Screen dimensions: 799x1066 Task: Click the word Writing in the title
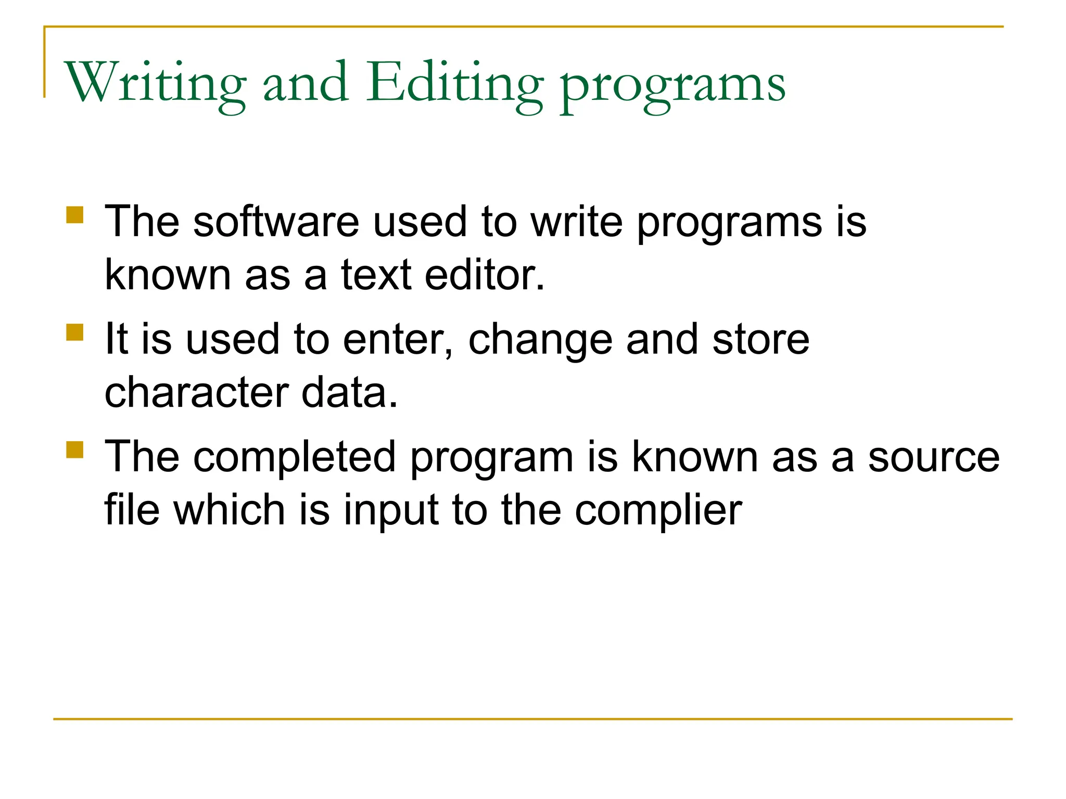155,83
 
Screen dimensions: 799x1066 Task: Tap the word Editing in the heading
455,83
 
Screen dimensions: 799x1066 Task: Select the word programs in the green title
672,86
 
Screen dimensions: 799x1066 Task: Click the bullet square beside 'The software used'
75,215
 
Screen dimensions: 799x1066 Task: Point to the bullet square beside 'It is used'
75,332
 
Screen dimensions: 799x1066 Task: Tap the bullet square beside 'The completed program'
75,449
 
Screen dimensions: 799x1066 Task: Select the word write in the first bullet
576,222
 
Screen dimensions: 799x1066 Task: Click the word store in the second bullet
760,339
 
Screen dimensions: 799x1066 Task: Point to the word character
196,392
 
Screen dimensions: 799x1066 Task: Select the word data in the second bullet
349,392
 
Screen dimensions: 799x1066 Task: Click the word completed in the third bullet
295,457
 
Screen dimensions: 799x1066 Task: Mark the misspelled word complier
658,511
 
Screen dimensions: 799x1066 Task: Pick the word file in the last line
132,510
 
